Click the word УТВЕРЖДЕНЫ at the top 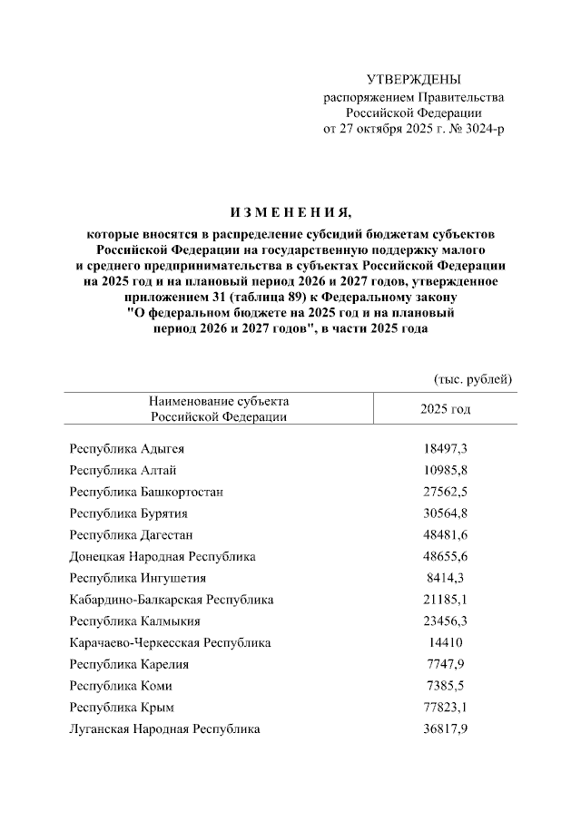tap(413, 82)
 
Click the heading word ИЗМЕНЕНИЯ tap(290, 214)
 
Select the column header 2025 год tap(445, 409)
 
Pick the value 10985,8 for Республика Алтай tap(445, 470)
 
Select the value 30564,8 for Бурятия tap(445, 513)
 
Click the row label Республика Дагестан tap(131, 534)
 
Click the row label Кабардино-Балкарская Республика tap(172, 600)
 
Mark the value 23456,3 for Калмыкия tap(445, 621)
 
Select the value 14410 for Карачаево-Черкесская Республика tap(445, 642)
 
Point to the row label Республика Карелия tap(129, 664)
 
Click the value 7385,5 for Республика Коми tap(445, 686)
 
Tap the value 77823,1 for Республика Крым tap(445, 707)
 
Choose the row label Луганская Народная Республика tap(164, 728)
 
